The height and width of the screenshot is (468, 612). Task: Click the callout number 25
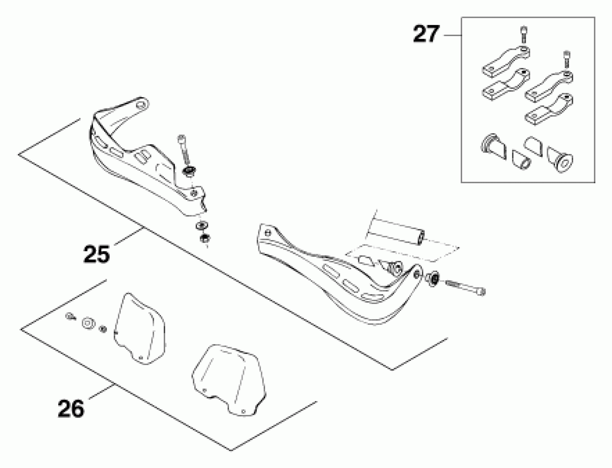(x=97, y=254)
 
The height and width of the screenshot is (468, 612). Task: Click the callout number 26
(x=71, y=408)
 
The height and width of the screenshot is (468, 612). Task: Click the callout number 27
(x=426, y=34)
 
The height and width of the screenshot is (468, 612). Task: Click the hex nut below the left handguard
(x=205, y=238)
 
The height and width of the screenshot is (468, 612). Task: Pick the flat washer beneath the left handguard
(x=203, y=225)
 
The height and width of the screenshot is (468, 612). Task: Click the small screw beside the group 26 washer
(x=70, y=316)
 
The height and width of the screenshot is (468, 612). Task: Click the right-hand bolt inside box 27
(x=566, y=59)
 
